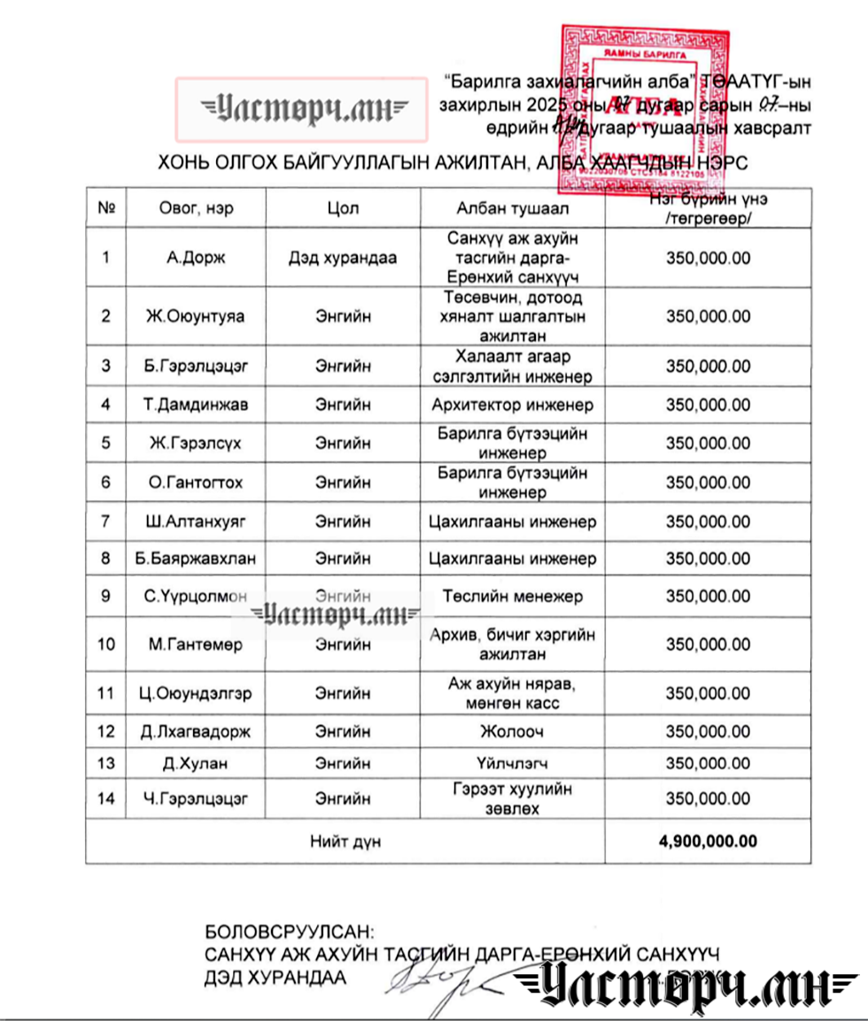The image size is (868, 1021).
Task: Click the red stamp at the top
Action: [644, 111]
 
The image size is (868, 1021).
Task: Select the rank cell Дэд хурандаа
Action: [343, 259]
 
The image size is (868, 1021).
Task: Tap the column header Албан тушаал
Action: [513, 209]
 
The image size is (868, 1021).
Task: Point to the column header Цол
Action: [343, 209]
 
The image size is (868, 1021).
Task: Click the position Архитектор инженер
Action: [513, 406]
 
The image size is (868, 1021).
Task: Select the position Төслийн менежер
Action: [513, 596]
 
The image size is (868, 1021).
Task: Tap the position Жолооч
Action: [513, 731]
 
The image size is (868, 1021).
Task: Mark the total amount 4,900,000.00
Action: [708, 841]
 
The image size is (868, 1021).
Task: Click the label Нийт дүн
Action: [345, 841]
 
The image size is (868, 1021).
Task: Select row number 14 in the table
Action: [106, 799]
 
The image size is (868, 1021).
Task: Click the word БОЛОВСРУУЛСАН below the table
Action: [290, 932]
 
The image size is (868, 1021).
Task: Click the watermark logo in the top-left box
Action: [301, 110]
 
